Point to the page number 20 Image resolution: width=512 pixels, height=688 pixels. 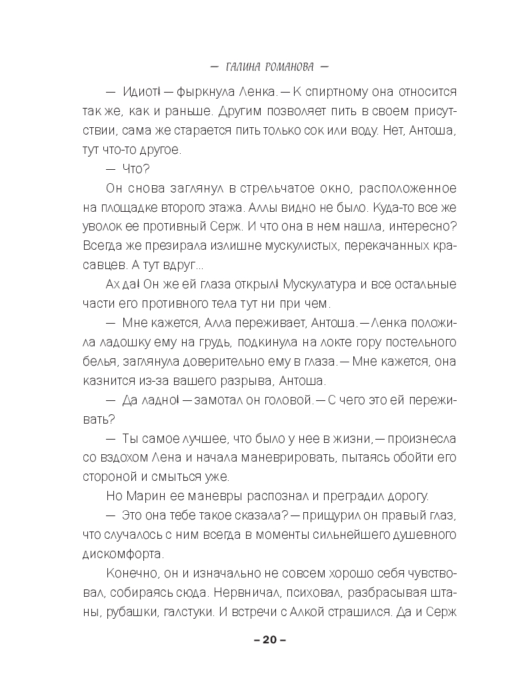click(x=269, y=640)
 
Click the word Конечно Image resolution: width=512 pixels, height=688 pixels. click(x=130, y=573)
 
